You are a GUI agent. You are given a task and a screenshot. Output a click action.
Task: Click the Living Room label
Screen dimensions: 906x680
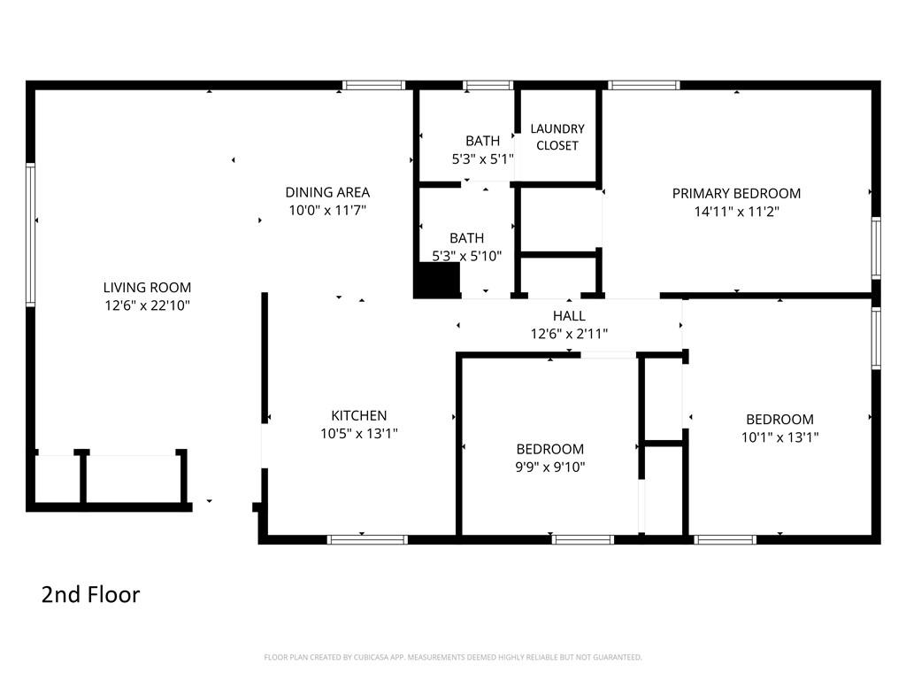tap(147, 288)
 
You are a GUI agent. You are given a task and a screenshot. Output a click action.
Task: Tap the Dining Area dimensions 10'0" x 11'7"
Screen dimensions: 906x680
tap(327, 210)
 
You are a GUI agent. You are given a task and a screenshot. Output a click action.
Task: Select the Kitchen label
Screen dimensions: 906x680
tap(359, 415)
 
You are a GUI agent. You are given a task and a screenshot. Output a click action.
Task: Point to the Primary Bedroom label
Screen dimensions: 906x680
tap(736, 193)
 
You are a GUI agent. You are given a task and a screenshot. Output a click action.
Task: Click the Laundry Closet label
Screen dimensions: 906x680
tap(557, 137)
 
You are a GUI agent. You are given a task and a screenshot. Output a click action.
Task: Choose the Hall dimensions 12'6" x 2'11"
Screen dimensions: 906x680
tap(569, 334)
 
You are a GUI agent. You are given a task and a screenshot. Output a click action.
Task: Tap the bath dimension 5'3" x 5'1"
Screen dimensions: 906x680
tap(482, 159)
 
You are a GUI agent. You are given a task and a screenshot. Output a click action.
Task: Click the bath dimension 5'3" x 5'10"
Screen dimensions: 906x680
tap(467, 256)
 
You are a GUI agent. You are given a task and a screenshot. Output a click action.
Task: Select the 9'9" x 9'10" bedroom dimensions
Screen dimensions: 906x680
tap(550, 467)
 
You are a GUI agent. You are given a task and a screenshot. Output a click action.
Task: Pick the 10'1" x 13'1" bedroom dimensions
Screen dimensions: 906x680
tap(780, 437)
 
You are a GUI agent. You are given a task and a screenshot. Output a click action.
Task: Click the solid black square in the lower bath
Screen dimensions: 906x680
tap(436, 280)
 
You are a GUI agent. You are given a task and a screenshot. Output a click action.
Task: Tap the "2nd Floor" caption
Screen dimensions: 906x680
tap(91, 594)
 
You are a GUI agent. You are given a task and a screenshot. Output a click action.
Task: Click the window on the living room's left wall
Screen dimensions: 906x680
tap(30, 234)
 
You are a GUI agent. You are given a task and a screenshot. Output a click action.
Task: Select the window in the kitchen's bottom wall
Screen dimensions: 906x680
tap(367, 539)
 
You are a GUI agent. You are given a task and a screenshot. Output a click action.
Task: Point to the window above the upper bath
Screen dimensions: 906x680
tap(488, 86)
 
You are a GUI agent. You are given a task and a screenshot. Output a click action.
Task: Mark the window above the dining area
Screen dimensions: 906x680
tap(374, 86)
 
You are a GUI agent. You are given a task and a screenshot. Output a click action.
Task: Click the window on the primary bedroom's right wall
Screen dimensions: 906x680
tap(876, 248)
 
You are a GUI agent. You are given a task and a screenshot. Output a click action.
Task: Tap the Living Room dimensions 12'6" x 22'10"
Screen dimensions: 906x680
tap(147, 305)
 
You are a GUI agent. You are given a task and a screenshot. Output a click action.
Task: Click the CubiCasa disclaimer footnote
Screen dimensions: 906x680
tap(453, 657)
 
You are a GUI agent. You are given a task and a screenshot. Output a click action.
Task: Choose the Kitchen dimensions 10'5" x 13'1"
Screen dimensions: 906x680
tap(359, 433)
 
